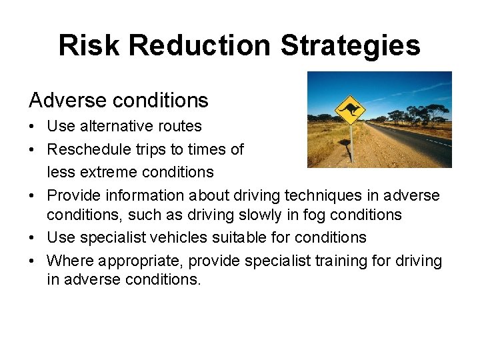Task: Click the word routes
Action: (x=180, y=126)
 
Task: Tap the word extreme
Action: (x=106, y=172)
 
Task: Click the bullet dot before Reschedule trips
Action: (x=33, y=150)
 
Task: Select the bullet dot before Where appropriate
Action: (x=33, y=261)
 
